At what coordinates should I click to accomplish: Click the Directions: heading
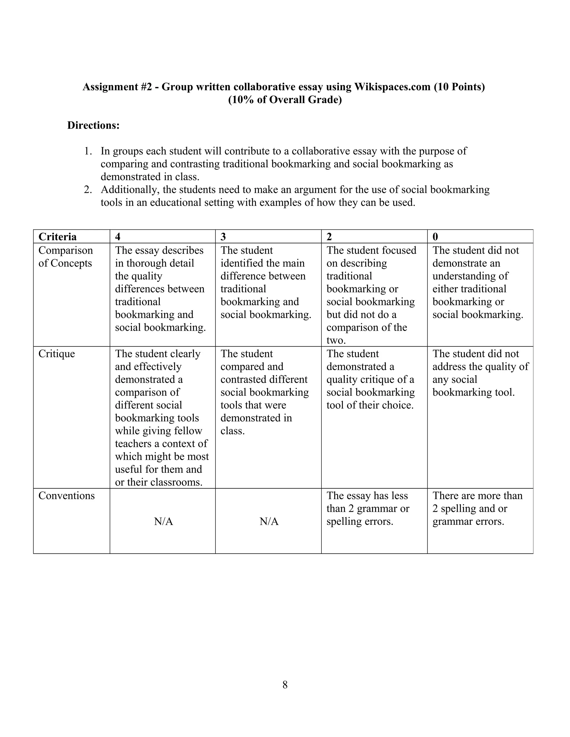93,125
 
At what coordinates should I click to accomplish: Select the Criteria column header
57,237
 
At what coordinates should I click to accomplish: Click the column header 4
117,237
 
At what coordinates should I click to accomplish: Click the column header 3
223,237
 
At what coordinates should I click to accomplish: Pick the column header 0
435,237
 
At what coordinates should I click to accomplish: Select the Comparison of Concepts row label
65,257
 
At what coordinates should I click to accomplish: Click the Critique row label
56,354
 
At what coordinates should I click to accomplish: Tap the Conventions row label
67,496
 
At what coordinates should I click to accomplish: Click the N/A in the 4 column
163,522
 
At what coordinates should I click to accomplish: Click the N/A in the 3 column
269,522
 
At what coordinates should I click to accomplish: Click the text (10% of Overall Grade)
285,100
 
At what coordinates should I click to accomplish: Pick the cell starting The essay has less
368,509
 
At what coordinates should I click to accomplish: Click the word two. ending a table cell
336,340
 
